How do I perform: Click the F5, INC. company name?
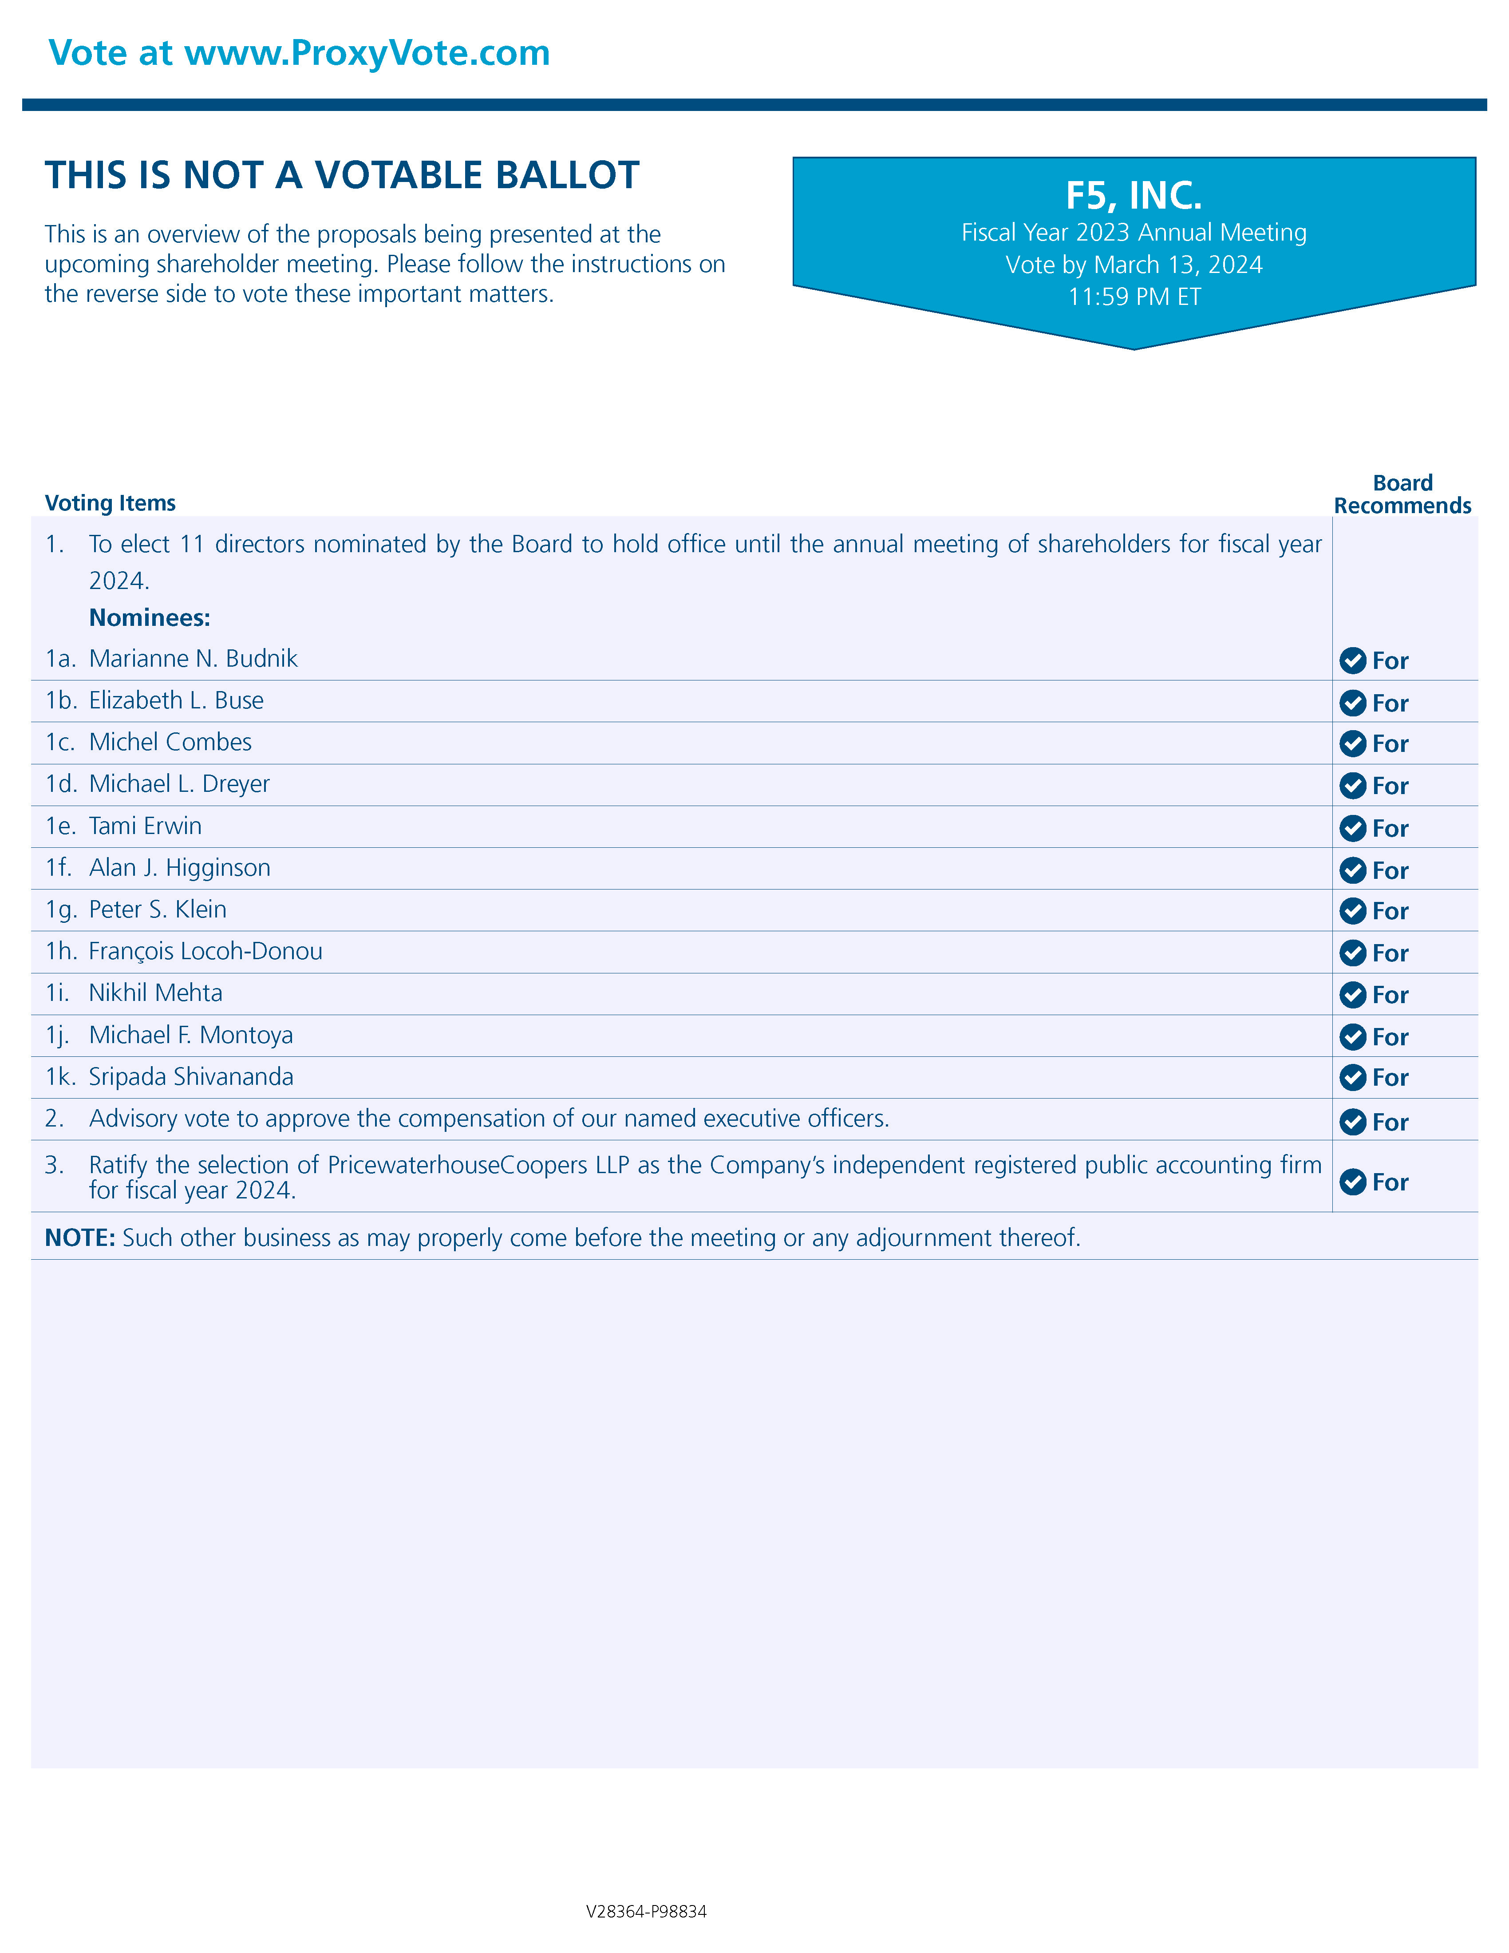pos(1134,195)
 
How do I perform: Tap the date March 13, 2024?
pos(1178,265)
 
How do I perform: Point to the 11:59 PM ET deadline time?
pos(1134,297)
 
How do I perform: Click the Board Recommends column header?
pos(1402,494)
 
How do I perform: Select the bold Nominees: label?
pos(149,618)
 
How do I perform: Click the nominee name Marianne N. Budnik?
pos(193,659)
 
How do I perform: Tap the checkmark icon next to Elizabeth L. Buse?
pos(1353,703)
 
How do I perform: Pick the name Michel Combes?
pos(170,742)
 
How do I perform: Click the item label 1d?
pos(61,784)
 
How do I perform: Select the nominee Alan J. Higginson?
pos(180,867)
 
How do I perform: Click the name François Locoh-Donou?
pos(205,952)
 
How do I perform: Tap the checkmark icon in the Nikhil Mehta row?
pos(1353,994)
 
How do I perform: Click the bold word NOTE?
pos(79,1237)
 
